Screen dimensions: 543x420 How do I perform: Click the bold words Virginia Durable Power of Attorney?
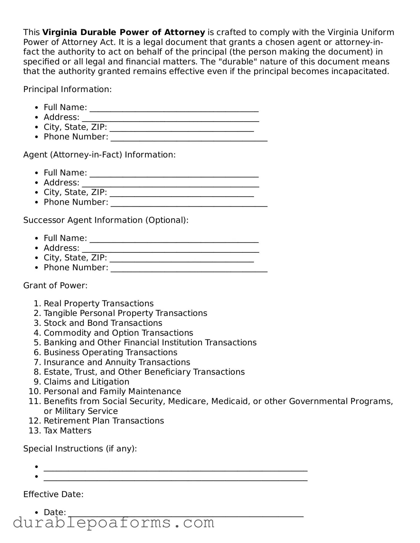[123, 32]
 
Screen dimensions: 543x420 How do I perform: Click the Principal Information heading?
[67, 89]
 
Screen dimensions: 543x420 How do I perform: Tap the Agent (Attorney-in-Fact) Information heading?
[99, 155]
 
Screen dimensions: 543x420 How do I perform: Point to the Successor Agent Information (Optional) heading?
[106, 220]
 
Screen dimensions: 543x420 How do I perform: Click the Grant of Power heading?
[55, 285]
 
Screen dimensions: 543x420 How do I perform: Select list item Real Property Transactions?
[98, 303]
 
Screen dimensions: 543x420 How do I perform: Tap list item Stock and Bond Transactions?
[103, 323]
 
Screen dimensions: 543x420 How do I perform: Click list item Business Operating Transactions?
[110, 352]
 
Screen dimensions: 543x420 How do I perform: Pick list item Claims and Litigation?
[86, 382]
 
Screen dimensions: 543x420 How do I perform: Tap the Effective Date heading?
[53, 494]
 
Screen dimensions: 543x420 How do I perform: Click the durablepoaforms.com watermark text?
[113, 523]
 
